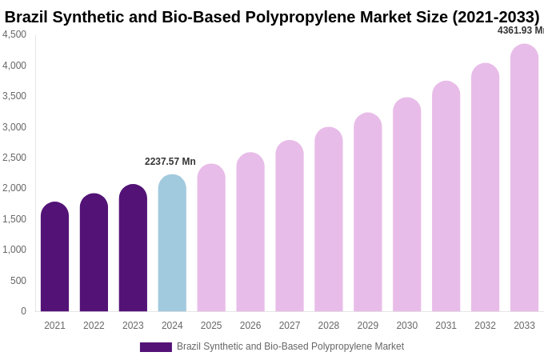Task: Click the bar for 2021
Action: click(x=54, y=257)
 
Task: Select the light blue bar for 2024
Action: click(x=172, y=243)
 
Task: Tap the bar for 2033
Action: click(x=524, y=178)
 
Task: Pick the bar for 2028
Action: click(x=329, y=219)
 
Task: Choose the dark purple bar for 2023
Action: click(x=133, y=248)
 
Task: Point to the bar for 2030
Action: click(x=406, y=205)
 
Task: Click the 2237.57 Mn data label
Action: click(x=170, y=162)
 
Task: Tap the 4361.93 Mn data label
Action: click(x=520, y=30)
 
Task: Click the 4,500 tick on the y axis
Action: click(x=14, y=34)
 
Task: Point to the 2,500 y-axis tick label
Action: click(x=14, y=158)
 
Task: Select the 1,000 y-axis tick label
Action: click(x=14, y=250)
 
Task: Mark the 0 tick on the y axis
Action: click(x=23, y=311)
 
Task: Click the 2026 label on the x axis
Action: click(x=250, y=326)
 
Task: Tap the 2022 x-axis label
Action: click(x=94, y=326)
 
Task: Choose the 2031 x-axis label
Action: click(x=446, y=326)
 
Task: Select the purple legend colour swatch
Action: click(x=155, y=347)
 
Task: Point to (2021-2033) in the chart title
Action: click(x=496, y=17)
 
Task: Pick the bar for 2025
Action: click(x=211, y=238)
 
